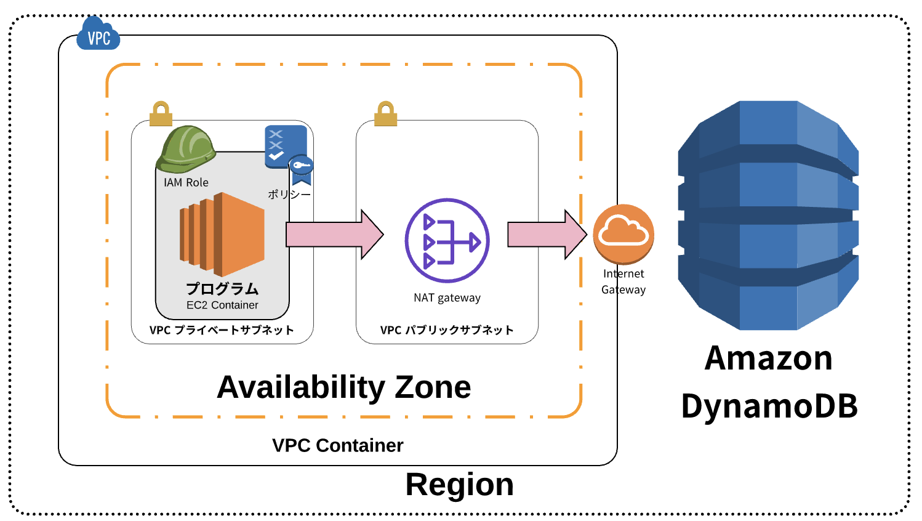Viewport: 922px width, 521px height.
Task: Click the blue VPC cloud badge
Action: point(98,34)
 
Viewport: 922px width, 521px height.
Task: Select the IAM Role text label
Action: point(186,183)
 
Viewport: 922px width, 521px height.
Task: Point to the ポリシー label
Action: point(289,195)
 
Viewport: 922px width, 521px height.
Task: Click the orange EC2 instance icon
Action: point(222,235)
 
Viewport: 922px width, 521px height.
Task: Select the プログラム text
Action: point(222,288)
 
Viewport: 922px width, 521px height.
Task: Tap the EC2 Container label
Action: point(222,305)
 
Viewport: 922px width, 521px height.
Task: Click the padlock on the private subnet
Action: point(161,114)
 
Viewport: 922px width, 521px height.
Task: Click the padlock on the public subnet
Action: point(385,114)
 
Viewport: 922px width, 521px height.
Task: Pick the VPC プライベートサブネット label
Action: point(222,330)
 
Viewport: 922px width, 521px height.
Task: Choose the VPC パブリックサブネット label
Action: point(447,330)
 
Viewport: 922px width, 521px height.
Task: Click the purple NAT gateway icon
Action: point(447,241)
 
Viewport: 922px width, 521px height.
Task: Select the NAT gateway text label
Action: point(447,298)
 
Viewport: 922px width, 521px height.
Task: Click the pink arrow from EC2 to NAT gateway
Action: point(334,235)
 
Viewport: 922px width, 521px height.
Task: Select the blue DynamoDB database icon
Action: point(768,216)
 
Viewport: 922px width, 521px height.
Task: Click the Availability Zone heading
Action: point(343,387)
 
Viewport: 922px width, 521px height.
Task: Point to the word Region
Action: point(459,485)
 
